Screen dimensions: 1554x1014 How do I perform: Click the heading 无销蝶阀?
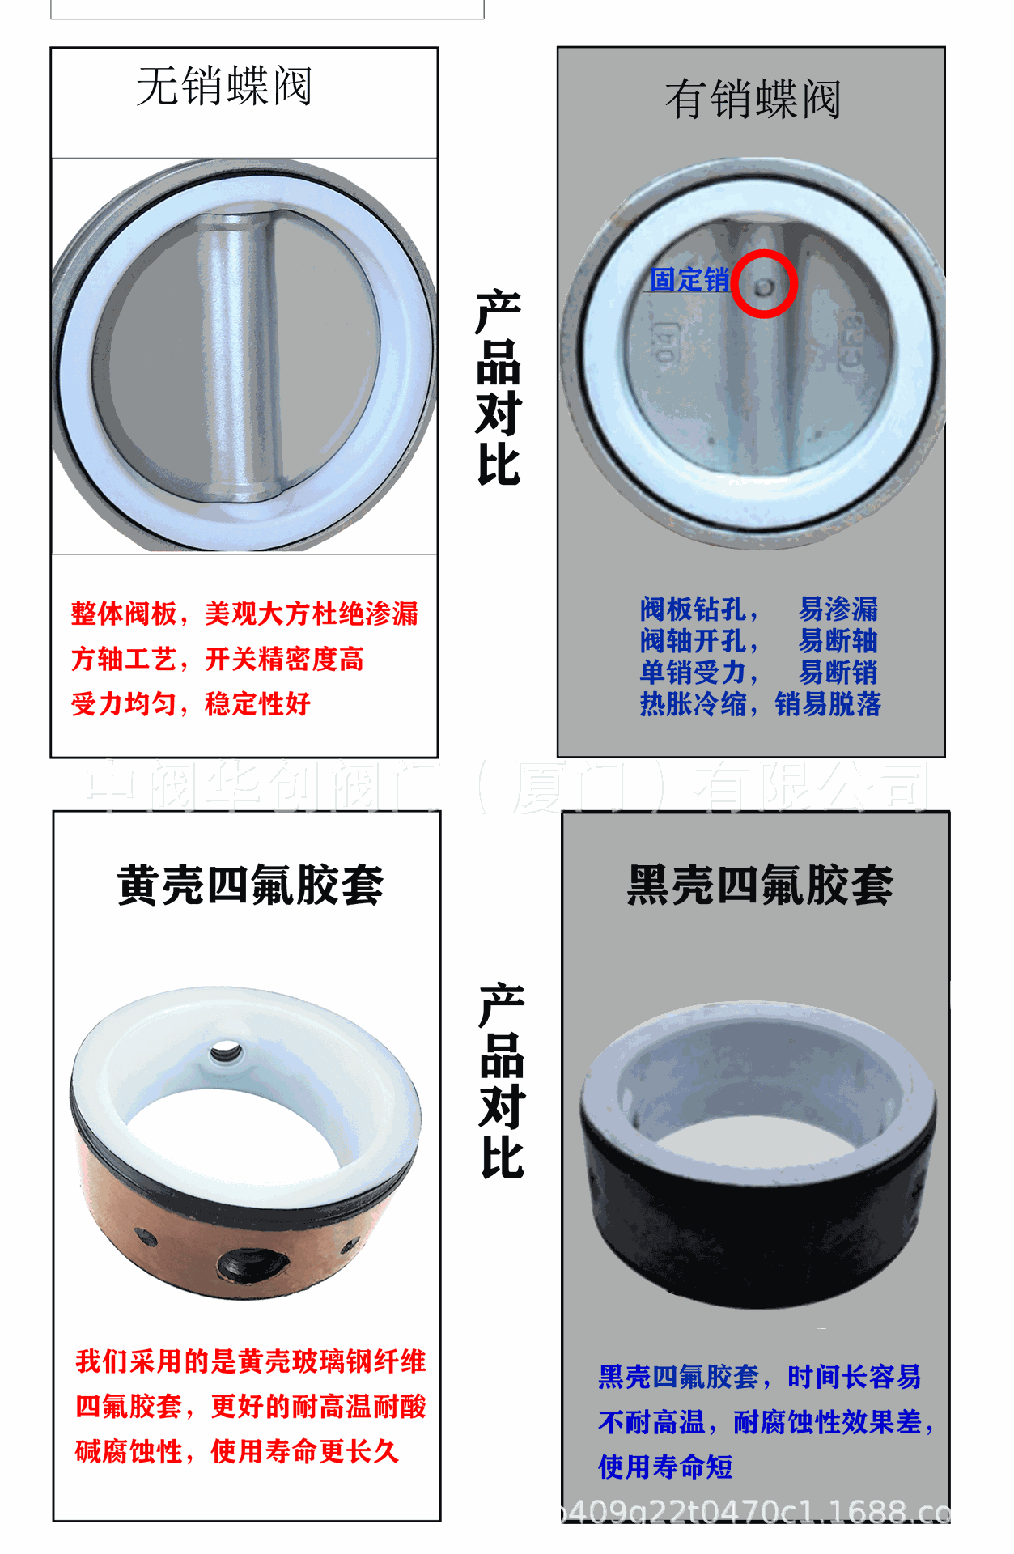pyautogui.click(x=224, y=86)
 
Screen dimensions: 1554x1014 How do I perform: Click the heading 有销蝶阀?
pyautogui.click(x=753, y=100)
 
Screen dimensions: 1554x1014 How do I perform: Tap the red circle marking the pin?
pyautogui.click(x=764, y=284)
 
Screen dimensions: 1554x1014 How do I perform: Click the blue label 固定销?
pyautogui.click(x=689, y=280)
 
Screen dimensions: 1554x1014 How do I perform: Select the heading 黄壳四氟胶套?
pyautogui.click(x=250, y=885)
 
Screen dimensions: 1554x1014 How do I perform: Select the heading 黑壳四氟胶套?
pyautogui.click(x=760, y=885)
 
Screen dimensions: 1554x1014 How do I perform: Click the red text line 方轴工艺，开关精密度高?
pyautogui.click(x=218, y=659)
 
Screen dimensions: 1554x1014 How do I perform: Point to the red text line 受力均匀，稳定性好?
pyautogui.click(x=191, y=703)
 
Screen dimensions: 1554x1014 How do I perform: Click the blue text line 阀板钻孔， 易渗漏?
pyautogui.click(x=758, y=609)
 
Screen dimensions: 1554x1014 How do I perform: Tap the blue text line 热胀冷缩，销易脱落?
pyautogui.click(x=760, y=703)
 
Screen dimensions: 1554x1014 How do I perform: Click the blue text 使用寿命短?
pyautogui.click(x=665, y=1466)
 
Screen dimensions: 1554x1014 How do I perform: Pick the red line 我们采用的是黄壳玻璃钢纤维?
pyautogui.click(x=250, y=1361)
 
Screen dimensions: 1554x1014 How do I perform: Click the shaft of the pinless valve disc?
pyautogui.click(x=235, y=356)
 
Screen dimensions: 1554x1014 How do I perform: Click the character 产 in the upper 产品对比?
pyautogui.click(x=498, y=312)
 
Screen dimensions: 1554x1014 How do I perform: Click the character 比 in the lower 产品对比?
pyautogui.click(x=503, y=1157)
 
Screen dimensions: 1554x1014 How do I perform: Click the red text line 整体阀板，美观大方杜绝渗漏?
pyautogui.click(x=244, y=614)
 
